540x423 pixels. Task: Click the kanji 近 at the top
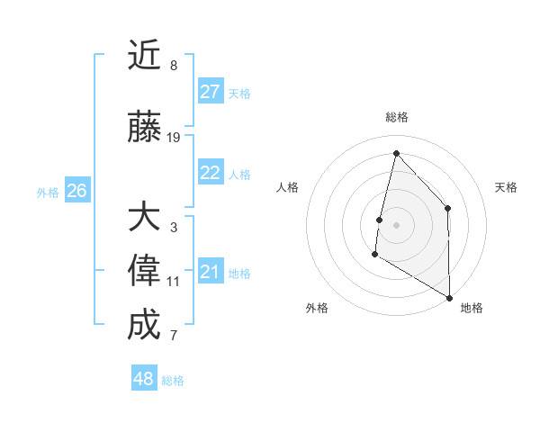tap(144, 57)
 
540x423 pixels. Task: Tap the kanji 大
tap(144, 218)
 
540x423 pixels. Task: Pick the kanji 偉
tap(144, 272)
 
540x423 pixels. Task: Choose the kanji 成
tap(144, 325)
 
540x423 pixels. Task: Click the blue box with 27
tap(211, 92)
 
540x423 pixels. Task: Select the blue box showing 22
tap(211, 174)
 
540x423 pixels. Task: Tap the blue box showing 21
tap(211, 272)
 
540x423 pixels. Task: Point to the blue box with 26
tap(76, 191)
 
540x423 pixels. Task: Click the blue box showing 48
tap(144, 379)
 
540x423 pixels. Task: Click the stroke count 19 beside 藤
tap(174, 138)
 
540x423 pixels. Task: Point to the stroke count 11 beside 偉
tap(174, 282)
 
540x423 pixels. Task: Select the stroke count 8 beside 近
tap(174, 65)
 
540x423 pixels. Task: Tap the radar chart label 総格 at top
tap(396, 117)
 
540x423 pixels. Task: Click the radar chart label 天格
tap(506, 187)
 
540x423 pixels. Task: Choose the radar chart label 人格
tap(287, 187)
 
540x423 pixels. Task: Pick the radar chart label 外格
tap(317, 308)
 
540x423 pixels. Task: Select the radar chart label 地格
tap(472, 308)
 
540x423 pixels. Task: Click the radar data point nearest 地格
tap(449, 297)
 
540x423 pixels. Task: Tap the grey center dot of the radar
tap(396, 225)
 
